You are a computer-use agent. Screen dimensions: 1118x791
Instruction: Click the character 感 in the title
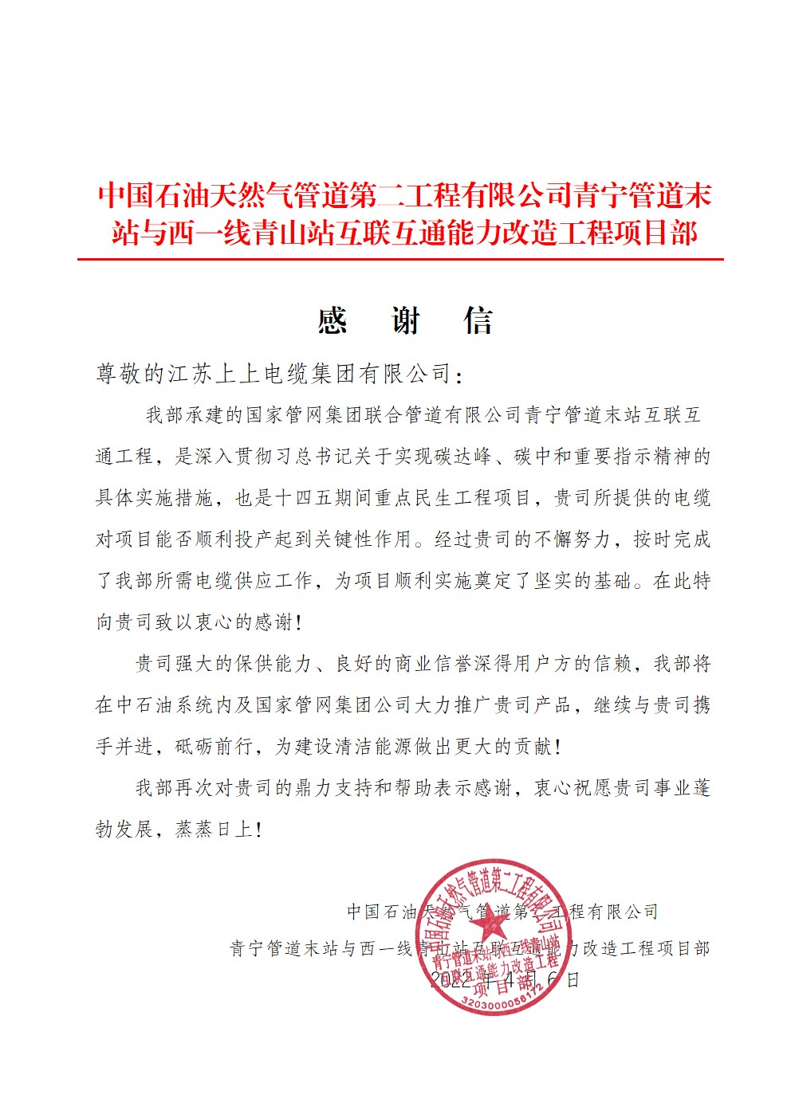click(333, 321)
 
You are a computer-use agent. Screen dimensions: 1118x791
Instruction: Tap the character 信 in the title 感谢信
click(478, 321)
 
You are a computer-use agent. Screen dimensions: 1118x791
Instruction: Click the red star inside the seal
click(492, 924)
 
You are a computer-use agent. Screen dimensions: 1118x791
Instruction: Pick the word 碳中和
click(544, 457)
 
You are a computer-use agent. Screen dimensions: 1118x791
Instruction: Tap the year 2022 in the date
click(451, 979)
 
